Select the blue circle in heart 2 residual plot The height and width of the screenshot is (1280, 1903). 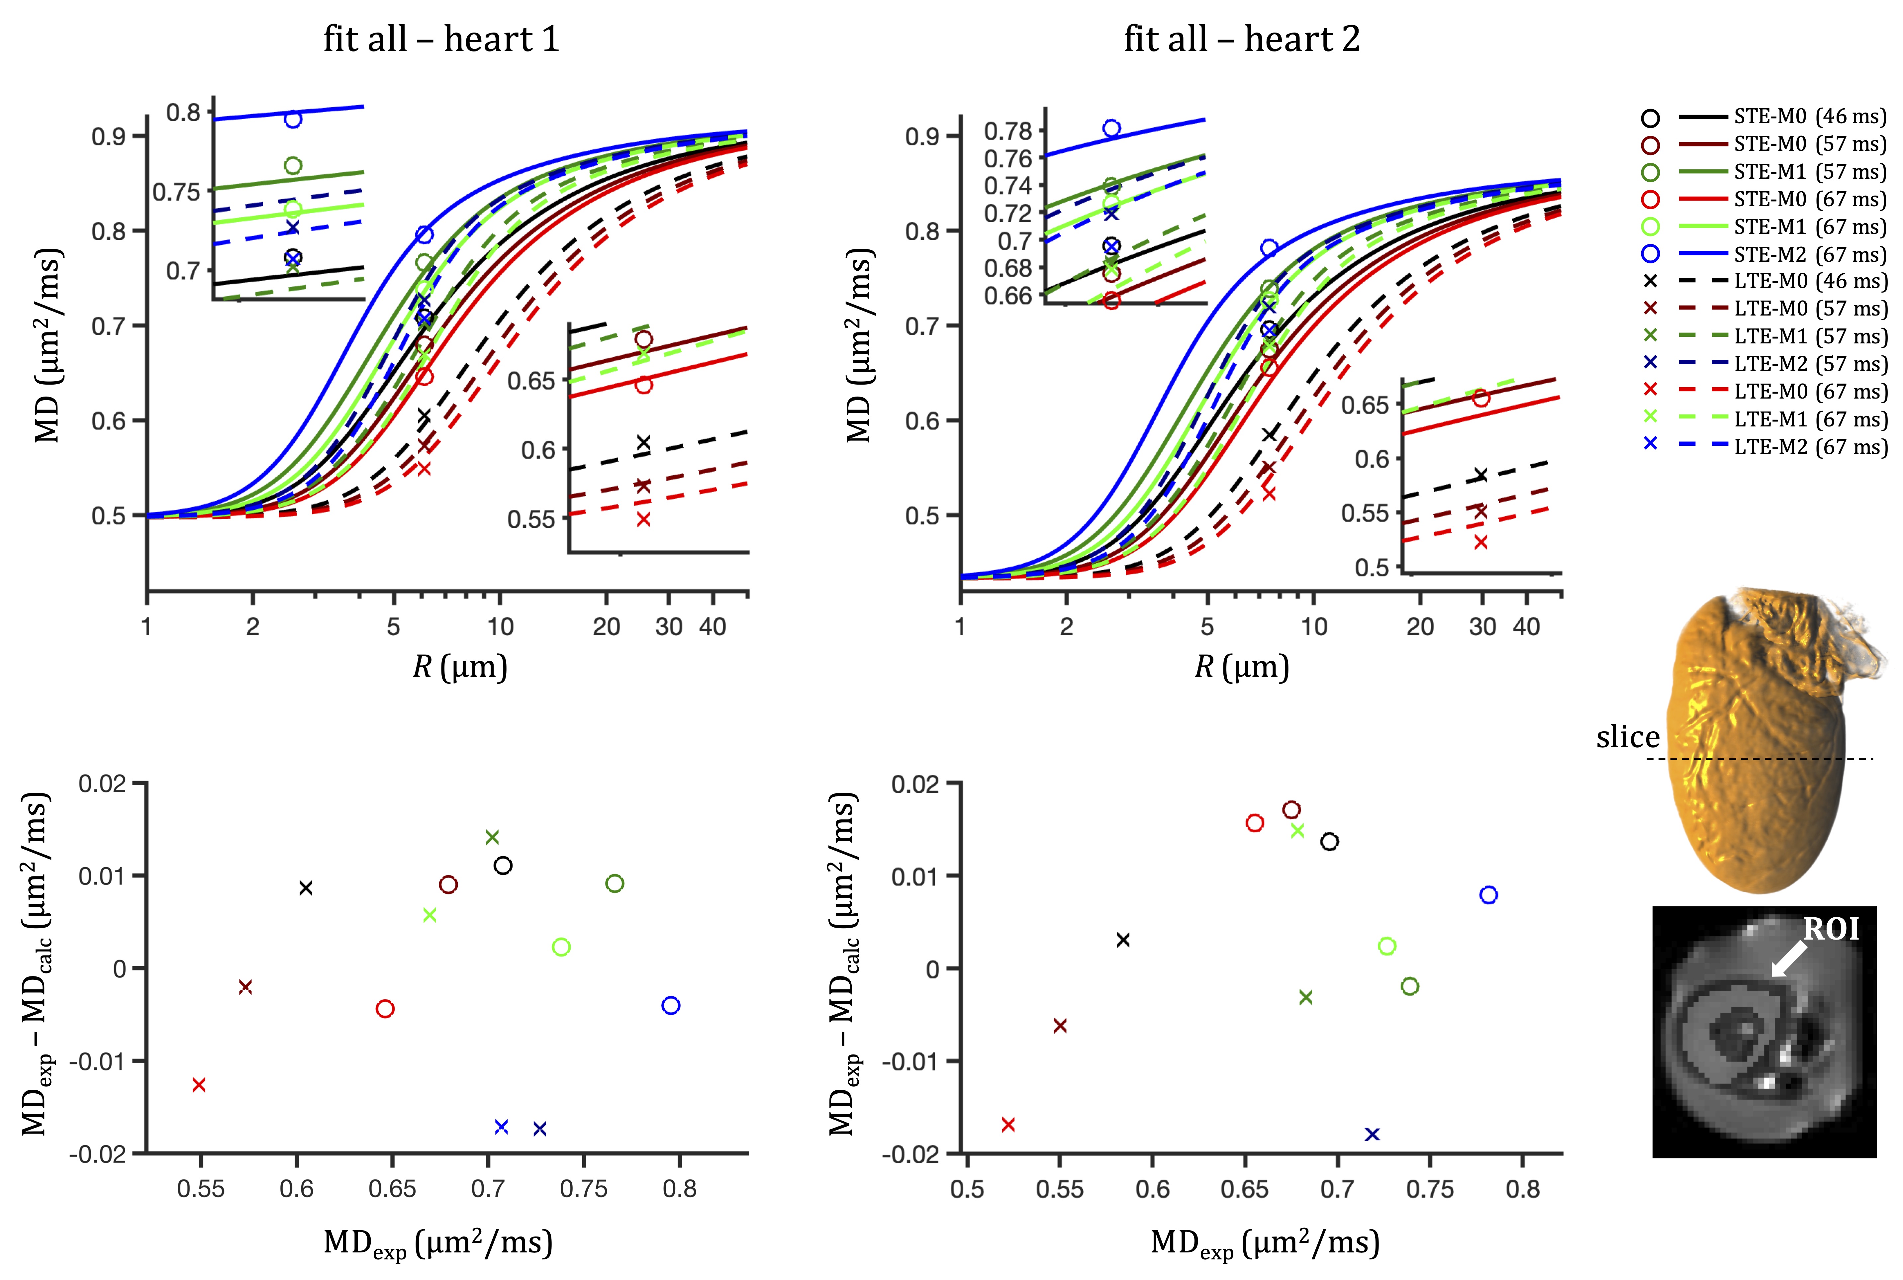pyautogui.click(x=1488, y=895)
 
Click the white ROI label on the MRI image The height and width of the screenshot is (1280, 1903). pyautogui.click(x=1830, y=929)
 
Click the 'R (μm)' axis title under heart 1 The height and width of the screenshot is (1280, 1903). pyautogui.click(x=460, y=668)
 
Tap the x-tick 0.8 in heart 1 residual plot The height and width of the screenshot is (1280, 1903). pyautogui.click(x=679, y=1189)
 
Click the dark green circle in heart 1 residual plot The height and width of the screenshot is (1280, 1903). pyautogui.click(x=615, y=883)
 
